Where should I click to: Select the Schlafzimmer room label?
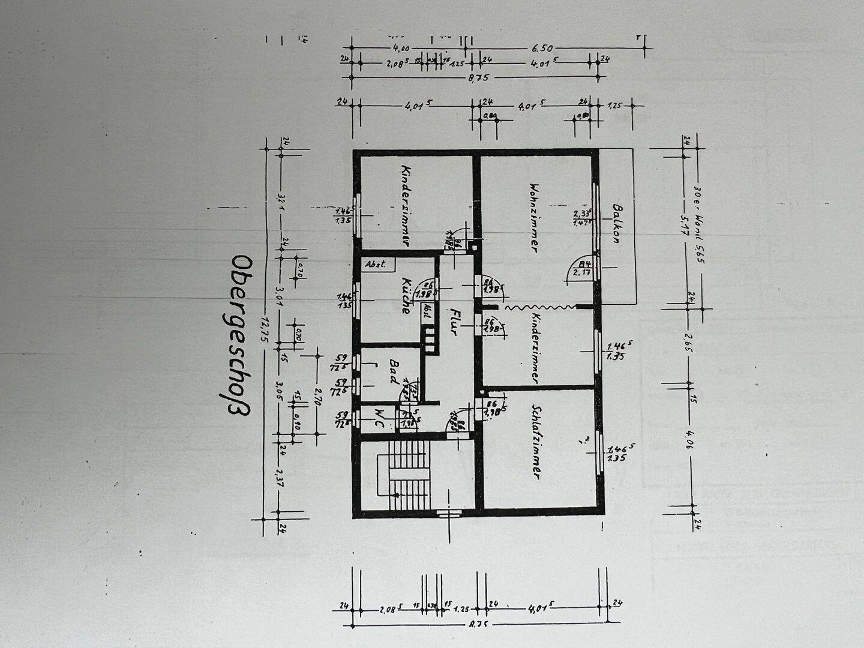click(536, 441)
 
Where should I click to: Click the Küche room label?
click(407, 296)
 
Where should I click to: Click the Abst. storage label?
click(375, 263)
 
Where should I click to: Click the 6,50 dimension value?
click(540, 48)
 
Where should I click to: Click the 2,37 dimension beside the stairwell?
click(280, 478)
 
